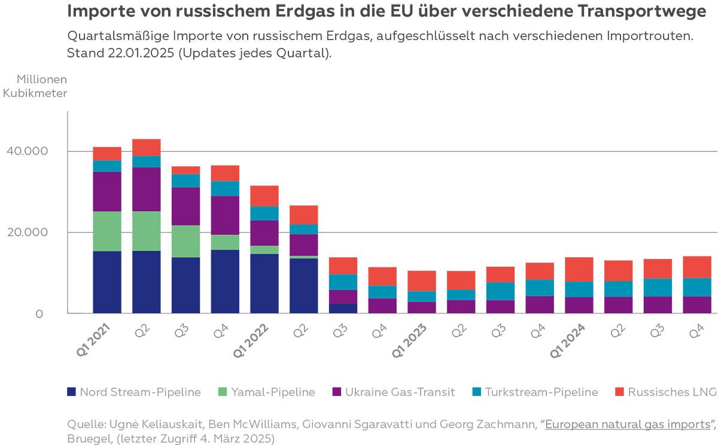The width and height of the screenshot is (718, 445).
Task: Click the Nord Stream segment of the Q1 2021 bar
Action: pyautogui.click(x=107, y=282)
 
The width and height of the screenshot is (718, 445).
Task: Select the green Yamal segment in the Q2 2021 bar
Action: pyautogui.click(x=147, y=231)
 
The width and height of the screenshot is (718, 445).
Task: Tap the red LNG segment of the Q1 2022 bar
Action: pyautogui.click(x=264, y=196)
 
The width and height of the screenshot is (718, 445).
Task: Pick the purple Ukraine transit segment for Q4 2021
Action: pyautogui.click(x=225, y=215)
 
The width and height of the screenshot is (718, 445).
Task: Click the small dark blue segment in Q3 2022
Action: pyautogui.click(x=343, y=308)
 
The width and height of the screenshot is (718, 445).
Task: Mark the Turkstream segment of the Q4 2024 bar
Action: pyautogui.click(x=696, y=287)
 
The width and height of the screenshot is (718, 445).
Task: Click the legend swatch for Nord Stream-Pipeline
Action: pyautogui.click(x=71, y=392)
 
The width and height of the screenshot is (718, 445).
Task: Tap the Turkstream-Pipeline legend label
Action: pyautogui.click(x=541, y=392)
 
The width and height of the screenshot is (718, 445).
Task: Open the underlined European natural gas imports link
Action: pyautogui.click(x=626, y=425)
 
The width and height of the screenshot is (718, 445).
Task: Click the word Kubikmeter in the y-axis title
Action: pyautogui.click(x=35, y=93)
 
